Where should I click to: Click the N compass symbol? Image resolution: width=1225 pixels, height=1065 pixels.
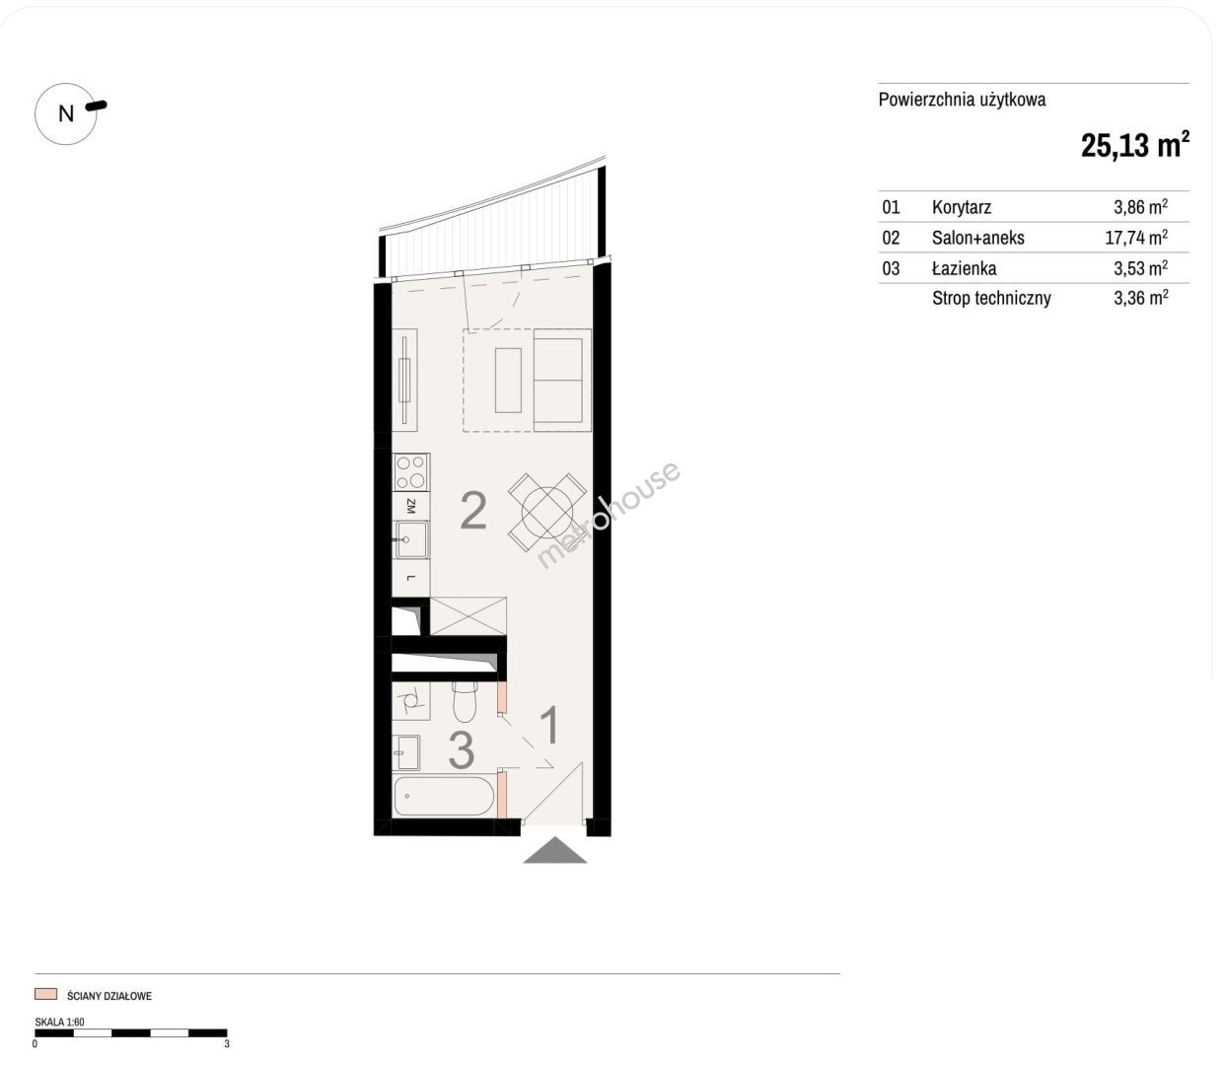coord(66,113)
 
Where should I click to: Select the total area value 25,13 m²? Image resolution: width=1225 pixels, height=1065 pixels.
coord(1134,145)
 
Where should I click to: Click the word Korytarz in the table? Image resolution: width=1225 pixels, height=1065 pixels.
coord(962,207)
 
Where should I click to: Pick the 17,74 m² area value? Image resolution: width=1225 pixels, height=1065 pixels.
coord(1136,238)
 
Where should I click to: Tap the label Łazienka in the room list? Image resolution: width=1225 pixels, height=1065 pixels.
coord(964,268)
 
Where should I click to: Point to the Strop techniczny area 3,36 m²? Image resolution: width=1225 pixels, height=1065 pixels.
coord(1140,298)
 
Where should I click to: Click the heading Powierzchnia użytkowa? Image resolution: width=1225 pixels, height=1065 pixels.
coord(962,100)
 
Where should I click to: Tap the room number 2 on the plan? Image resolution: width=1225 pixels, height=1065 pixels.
coord(473,511)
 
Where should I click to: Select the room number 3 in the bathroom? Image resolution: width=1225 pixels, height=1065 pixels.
coord(462,749)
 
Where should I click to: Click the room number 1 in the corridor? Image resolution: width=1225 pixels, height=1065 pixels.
coord(550,725)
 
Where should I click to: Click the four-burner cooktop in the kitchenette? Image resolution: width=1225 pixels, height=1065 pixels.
coord(410,472)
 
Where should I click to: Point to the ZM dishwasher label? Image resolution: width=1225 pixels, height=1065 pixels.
coord(410,506)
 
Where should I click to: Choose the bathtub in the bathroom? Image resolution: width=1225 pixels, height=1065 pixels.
coord(443,796)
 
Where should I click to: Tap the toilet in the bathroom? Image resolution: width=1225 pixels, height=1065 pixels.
coord(464,702)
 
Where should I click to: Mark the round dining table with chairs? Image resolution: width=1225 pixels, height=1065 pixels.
coord(546,513)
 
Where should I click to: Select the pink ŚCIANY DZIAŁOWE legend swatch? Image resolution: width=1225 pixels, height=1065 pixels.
coord(45,994)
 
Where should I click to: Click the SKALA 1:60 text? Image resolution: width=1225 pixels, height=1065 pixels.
coord(59,1022)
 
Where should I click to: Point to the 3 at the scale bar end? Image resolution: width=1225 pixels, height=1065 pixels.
coord(227,1043)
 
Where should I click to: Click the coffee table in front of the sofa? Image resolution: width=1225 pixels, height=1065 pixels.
coord(508,380)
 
